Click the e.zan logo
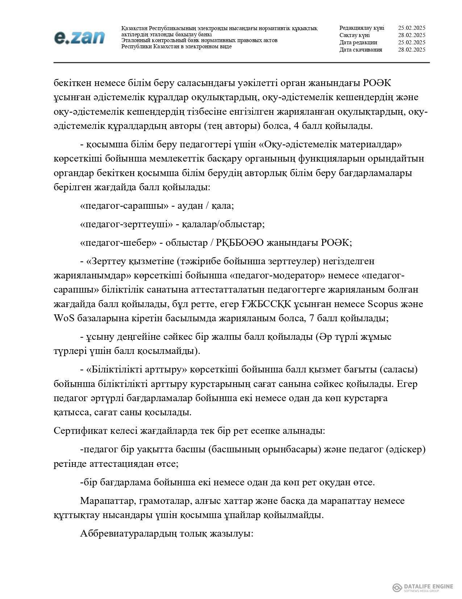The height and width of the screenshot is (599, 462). [79, 37]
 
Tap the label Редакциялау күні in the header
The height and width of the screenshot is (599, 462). [362, 28]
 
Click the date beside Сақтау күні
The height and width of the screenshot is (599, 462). [411, 35]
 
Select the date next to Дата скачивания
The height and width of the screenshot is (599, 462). [411, 50]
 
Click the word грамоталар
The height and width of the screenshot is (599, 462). [165, 501]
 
